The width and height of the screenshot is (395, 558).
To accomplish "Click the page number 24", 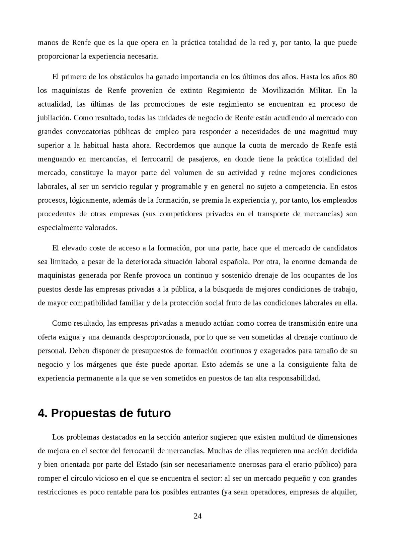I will tap(197, 516).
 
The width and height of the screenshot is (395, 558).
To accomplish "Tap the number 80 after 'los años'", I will tap(353, 77).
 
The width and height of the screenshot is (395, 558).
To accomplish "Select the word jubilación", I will tap(54, 118).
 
